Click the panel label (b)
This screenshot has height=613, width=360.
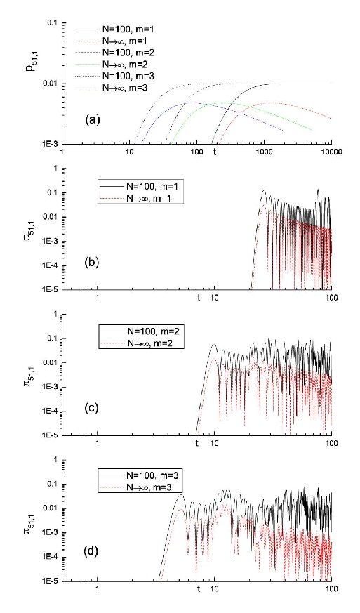pyautogui.click(x=92, y=263)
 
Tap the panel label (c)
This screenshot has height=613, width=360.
pyautogui.click(x=92, y=409)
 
